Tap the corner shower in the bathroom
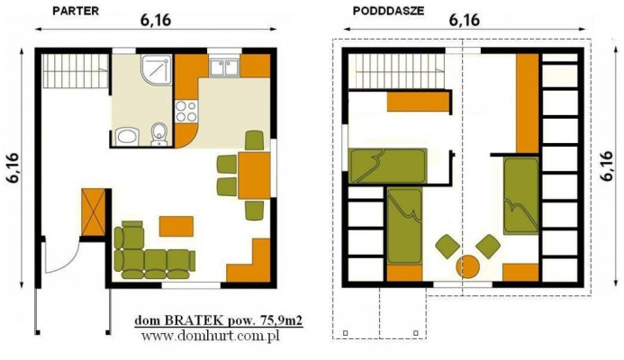coord(158,68)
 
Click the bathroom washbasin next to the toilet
coord(127,137)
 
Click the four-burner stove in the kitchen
coord(185,112)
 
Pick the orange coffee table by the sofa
coord(176,223)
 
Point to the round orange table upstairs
coord(467,266)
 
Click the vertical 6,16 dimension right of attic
coord(609,166)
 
